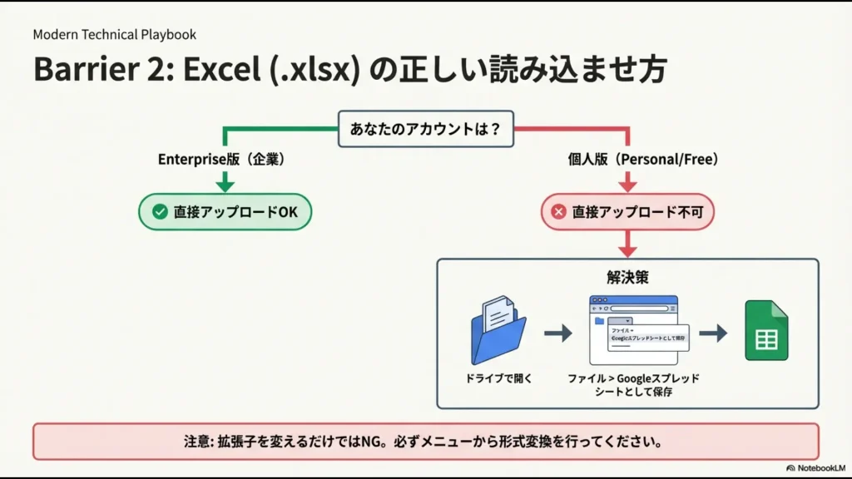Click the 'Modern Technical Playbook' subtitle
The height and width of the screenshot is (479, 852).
click(x=115, y=35)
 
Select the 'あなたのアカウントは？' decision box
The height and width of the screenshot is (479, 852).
click(x=425, y=129)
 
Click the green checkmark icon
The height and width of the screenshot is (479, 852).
click(x=160, y=212)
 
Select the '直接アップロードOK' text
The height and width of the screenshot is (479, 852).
click(x=235, y=212)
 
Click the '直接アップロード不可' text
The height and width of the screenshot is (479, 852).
click(x=637, y=212)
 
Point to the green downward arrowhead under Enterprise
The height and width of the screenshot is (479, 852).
click(x=225, y=185)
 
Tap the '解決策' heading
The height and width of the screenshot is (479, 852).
click(x=627, y=278)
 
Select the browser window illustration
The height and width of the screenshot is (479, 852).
click(x=633, y=329)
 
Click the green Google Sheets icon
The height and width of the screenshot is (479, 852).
click(x=765, y=330)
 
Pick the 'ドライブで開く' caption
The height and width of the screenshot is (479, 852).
click(x=498, y=378)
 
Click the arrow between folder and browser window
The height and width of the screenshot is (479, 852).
click(x=558, y=333)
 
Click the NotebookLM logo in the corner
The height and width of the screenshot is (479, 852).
click(x=814, y=468)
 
